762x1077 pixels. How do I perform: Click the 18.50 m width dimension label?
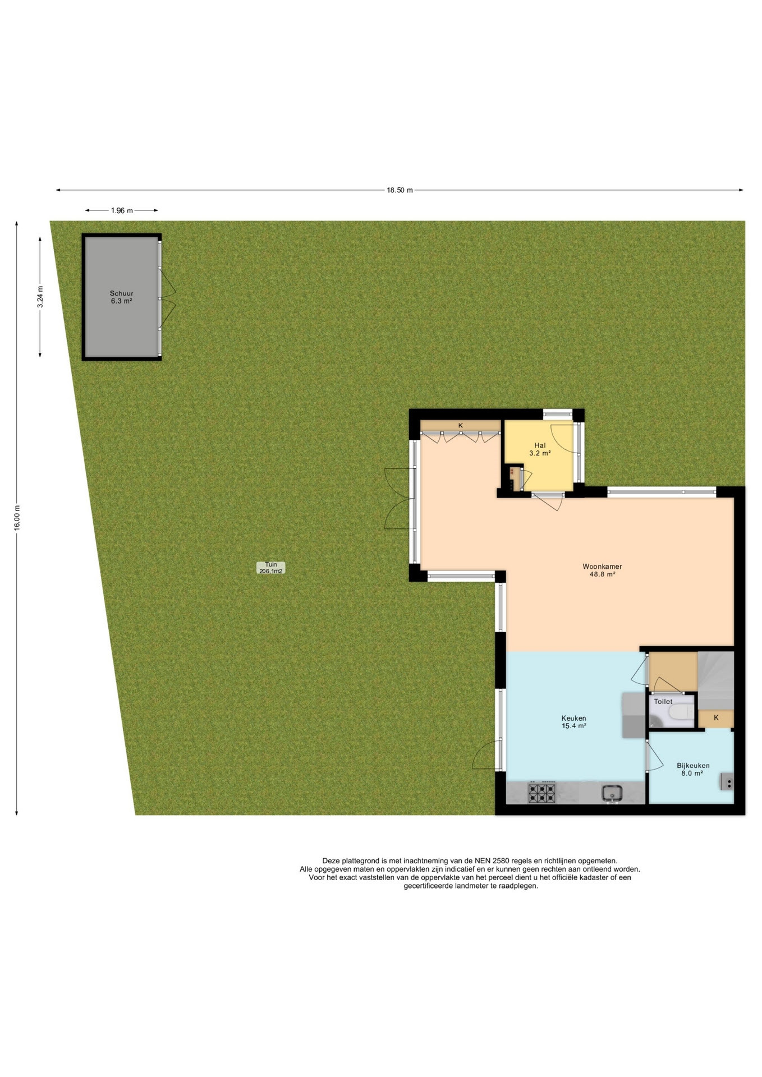pyautogui.click(x=400, y=190)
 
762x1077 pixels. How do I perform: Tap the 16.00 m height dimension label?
pyautogui.click(x=17, y=518)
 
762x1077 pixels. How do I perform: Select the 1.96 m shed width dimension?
pyautogui.click(x=122, y=210)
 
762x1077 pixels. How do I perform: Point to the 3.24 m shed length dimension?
pyautogui.click(x=40, y=297)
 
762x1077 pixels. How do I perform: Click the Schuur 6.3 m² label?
pyautogui.click(x=121, y=297)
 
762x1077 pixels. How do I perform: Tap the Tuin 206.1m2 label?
pyautogui.click(x=271, y=568)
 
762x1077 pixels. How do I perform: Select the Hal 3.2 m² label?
pyautogui.click(x=540, y=449)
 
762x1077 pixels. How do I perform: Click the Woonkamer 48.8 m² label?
pyautogui.click(x=602, y=570)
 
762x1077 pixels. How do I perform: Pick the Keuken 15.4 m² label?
pyautogui.click(x=573, y=722)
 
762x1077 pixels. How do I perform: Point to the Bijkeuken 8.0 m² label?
pyautogui.click(x=693, y=769)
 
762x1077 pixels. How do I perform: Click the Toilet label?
pyautogui.click(x=663, y=702)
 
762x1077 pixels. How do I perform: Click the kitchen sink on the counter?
pyautogui.click(x=612, y=793)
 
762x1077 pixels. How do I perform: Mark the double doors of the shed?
pyautogui.click(x=168, y=298)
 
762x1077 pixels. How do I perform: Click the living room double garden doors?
pyautogui.click(x=400, y=499)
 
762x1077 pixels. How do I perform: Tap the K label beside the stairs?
pyautogui.click(x=716, y=717)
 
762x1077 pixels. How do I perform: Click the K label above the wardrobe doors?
pyautogui.click(x=461, y=426)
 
